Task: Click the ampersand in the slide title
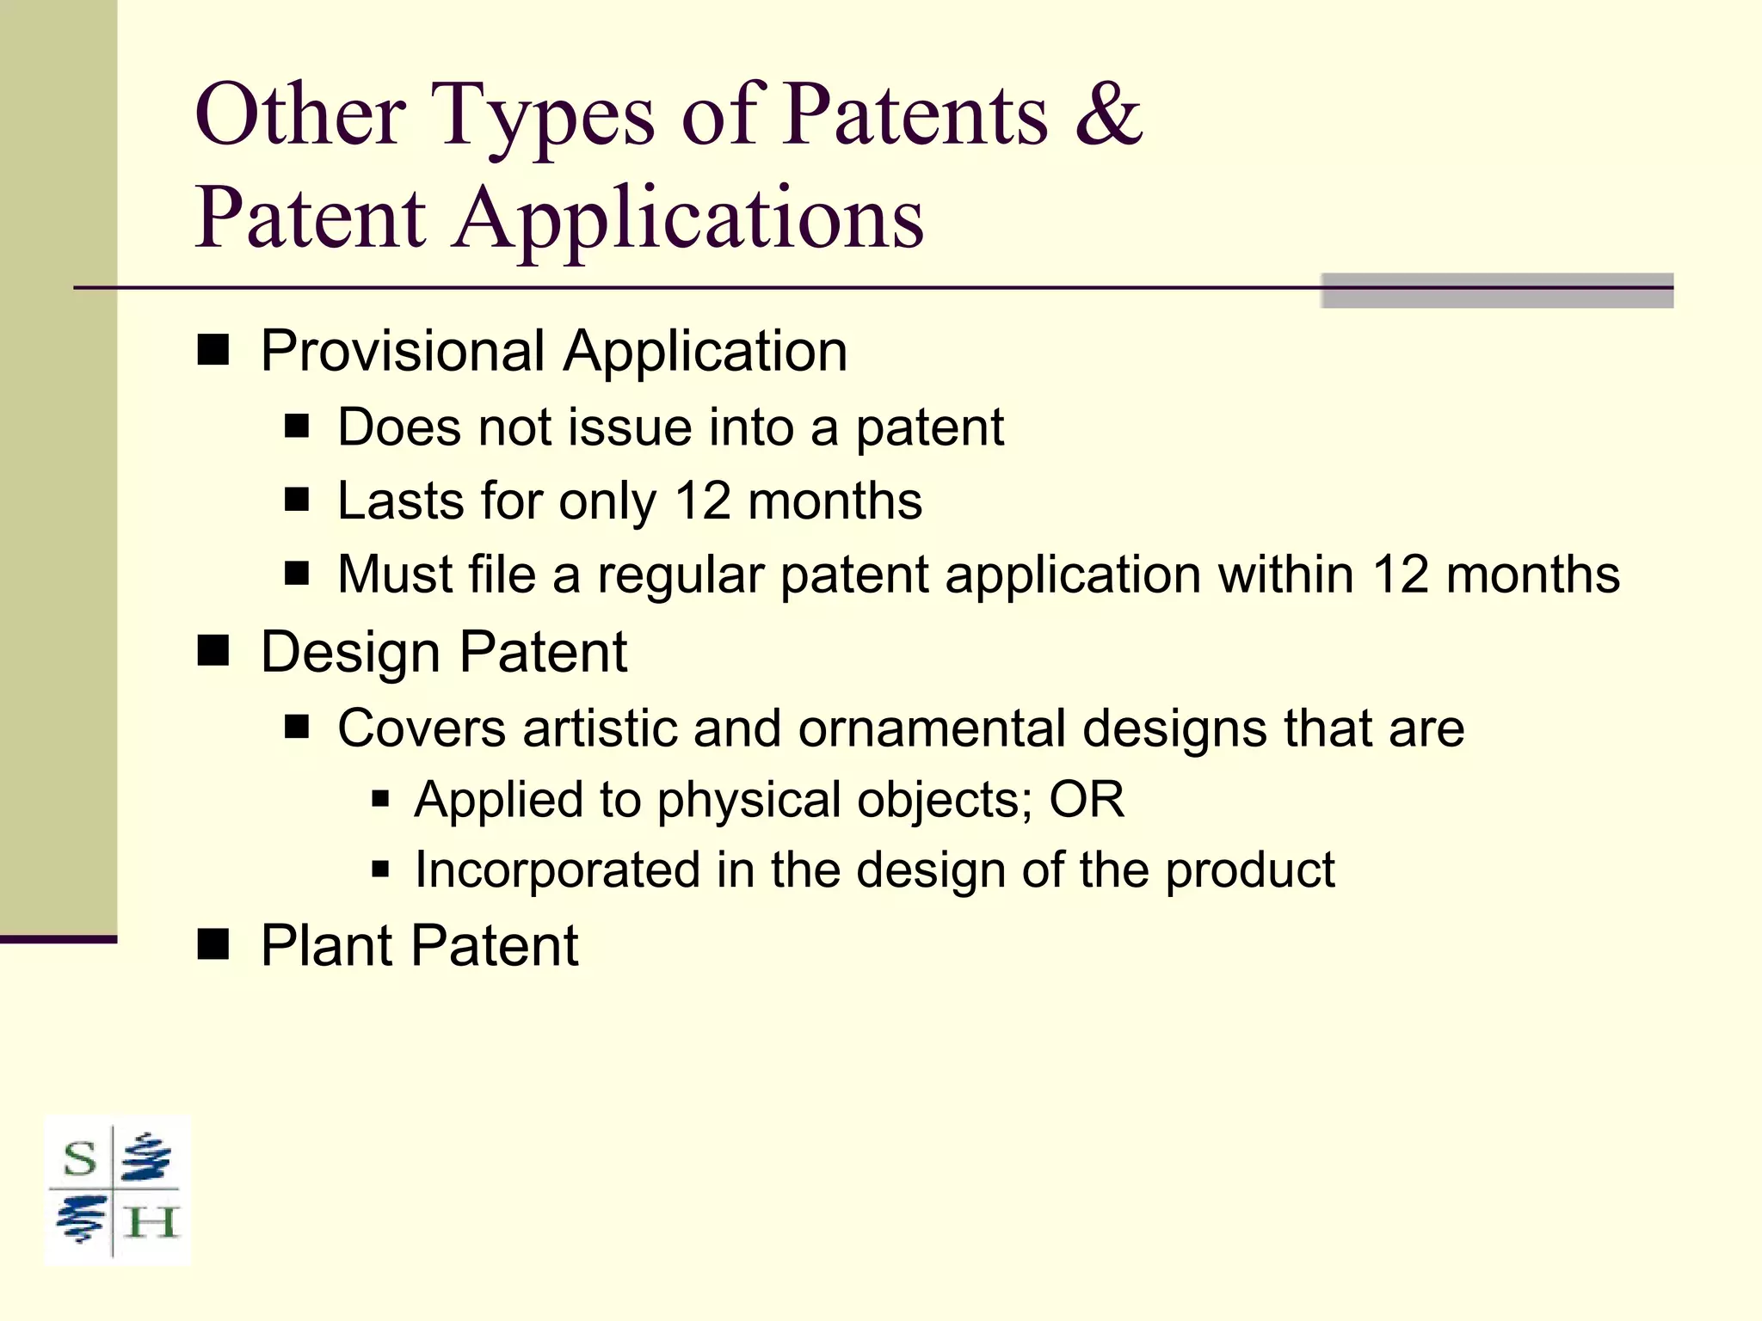click(1108, 115)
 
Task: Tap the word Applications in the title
click(688, 220)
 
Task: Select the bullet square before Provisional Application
click(213, 350)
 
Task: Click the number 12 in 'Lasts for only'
click(703, 501)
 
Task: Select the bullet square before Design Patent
click(213, 651)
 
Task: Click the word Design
click(351, 653)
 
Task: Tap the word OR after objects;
click(1087, 800)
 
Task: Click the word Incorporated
click(557, 869)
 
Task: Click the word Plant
click(327, 946)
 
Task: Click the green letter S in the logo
click(80, 1159)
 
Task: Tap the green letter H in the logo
click(151, 1223)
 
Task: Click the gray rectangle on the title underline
click(1496, 291)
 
